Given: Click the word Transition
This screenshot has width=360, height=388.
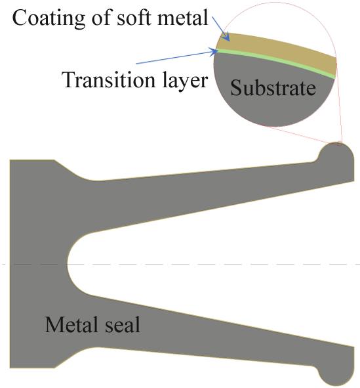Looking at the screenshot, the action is coord(109,79).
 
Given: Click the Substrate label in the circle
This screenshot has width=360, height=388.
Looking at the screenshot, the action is coord(273,88).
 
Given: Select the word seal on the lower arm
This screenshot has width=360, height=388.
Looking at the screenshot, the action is coord(123,324).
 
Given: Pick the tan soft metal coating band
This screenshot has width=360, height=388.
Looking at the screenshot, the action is coord(277,52).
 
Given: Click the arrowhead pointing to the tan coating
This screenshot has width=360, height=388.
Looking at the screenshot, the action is coord(226,37).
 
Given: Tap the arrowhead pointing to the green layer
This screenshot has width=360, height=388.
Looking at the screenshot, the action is coord(214,52).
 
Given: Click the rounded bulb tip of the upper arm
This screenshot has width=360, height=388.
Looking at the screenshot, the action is coord(336,156).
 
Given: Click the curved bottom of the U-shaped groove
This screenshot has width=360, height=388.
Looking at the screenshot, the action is coord(68,265).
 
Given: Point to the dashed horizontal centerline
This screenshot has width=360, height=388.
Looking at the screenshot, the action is coord(180,265).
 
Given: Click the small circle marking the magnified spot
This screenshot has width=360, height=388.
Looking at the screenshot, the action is coord(336,144).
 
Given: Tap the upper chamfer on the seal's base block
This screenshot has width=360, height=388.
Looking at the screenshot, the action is coord(71,170).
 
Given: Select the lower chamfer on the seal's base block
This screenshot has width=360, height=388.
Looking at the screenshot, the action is coord(71,358).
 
